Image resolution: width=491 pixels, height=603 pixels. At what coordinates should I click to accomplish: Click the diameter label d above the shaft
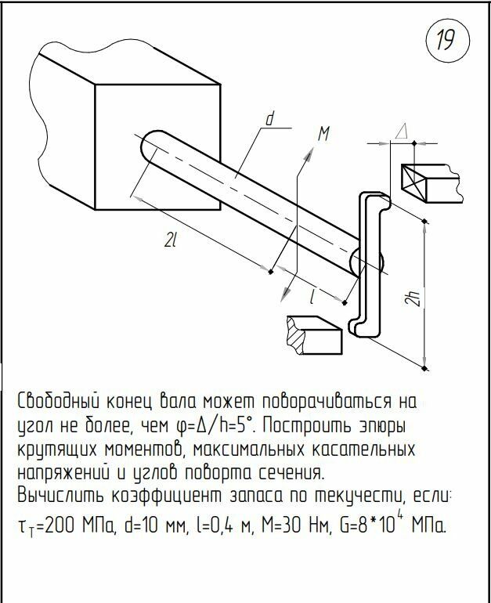pos(269,120)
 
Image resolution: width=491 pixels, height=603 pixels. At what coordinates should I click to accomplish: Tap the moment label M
pos(322,135)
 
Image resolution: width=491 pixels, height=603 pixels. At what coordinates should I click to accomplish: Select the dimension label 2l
pos(169,242)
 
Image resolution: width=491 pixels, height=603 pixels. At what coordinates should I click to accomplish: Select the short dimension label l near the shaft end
pos(313,296)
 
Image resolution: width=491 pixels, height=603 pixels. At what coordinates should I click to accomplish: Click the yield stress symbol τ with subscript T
pos(27,526)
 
